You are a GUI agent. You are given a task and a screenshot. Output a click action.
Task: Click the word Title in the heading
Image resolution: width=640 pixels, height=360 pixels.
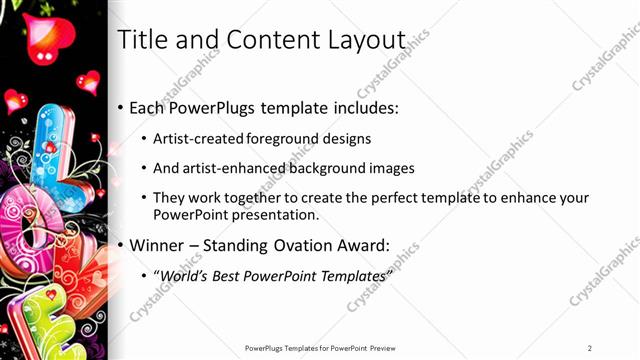(140, 40)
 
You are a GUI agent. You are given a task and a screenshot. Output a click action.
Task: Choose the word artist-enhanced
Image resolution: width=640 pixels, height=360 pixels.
(221, 169)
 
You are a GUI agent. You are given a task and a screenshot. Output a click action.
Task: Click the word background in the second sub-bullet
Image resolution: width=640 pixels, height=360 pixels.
(318, 169)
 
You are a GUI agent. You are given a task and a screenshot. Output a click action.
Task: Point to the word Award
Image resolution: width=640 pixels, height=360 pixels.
(366, 246)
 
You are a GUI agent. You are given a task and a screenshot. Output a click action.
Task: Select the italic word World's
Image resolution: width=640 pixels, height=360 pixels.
(183, 277)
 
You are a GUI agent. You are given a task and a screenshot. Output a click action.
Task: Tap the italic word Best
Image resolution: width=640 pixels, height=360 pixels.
(227, 277)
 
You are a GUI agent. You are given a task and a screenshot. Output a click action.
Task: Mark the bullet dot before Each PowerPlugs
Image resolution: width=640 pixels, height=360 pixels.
(121, 107)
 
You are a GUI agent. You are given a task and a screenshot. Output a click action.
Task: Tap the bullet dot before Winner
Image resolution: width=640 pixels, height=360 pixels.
(121, 246)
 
